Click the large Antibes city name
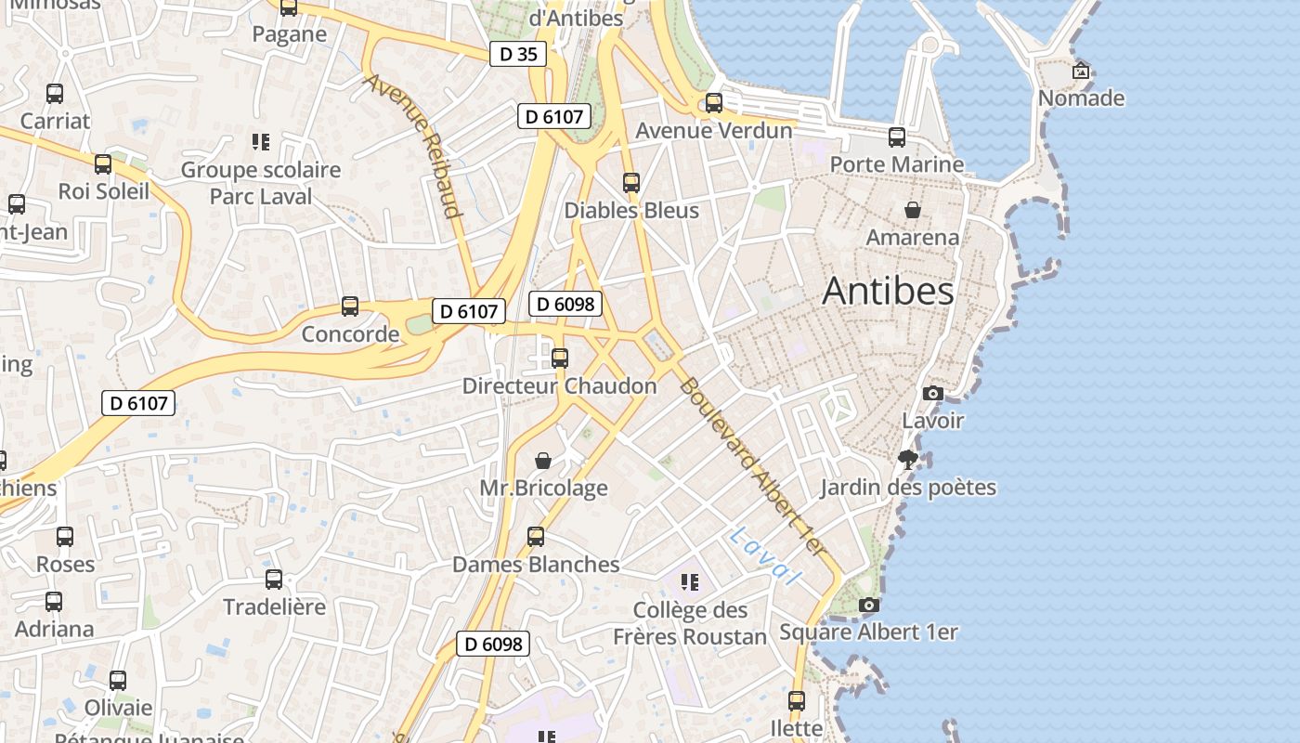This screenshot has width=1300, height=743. tap(888, 292)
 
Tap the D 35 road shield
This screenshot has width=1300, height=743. tap(518, 54)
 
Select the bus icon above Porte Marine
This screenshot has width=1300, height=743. tap(896, 137)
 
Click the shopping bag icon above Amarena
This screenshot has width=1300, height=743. tap(913, 210)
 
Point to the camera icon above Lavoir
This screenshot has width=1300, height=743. tap(933, 394)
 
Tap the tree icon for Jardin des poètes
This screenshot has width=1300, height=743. tap(907, 460)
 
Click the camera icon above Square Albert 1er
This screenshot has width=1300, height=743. tap(869, 606)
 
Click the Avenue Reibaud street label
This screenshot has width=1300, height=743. tap(413, 145)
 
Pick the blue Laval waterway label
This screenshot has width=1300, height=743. tap(765, 555)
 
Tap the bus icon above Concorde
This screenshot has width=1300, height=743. tap(350, 306)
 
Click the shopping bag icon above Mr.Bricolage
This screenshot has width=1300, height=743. tap(543, 461)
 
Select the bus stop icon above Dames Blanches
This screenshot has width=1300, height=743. tap(536, 537)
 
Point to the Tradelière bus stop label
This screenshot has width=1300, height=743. tap(274, 607)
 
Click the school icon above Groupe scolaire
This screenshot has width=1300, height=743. tap(261, 142)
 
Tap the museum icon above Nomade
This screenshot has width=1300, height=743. tap(1081, 71)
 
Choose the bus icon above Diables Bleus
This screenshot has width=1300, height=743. tap(631, 183)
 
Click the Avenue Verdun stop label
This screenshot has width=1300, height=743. tap(713, 131)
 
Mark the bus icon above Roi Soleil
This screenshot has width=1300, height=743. tap(103, 164)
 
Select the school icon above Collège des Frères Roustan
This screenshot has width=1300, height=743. tap(689, 582)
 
